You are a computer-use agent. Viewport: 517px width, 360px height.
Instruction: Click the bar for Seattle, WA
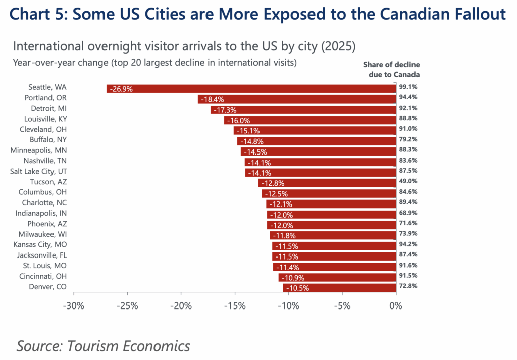tap(251, 88)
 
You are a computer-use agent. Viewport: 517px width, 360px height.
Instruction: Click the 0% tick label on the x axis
tap(395, 306)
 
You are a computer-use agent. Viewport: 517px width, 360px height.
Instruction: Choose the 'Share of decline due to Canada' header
tap(391, 70)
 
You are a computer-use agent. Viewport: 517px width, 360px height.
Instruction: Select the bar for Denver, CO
tap(339, 288)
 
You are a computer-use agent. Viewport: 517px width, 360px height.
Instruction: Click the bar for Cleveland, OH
tap(315, 130)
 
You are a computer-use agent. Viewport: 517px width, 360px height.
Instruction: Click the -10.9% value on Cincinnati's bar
tap(292, 278)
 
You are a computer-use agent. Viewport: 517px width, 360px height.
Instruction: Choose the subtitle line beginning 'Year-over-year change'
tap(154, 63)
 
